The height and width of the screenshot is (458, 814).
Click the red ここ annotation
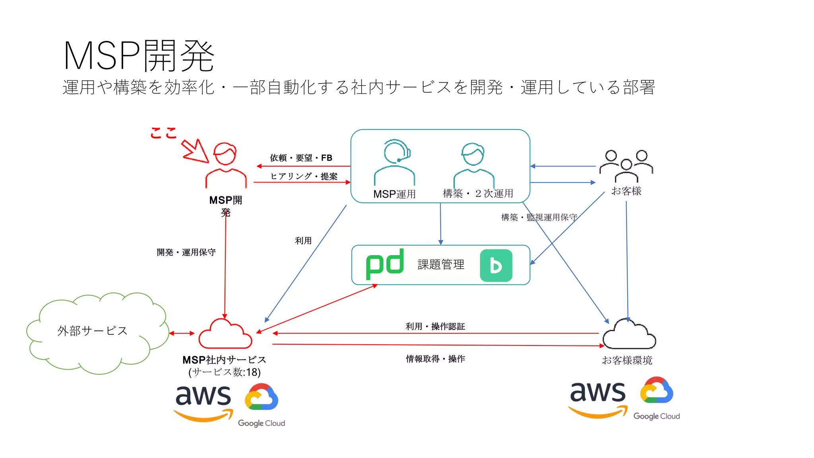(163, 133)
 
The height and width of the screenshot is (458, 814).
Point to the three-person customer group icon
(626, 165)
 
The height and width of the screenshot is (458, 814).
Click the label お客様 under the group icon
(626, 191)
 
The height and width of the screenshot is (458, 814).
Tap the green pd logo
(384, 264)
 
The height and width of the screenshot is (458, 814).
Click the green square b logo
(496, 266)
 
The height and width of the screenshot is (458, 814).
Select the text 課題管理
(441, 264)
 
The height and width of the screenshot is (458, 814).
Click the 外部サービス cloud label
(92, 331)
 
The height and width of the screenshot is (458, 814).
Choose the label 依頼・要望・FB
(301, 158)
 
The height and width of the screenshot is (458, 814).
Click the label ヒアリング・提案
(304, 176)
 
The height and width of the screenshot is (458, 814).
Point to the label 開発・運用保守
(186, 252)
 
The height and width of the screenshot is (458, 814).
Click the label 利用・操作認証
(435, 326)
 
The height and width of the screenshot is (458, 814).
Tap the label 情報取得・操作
(435, 359)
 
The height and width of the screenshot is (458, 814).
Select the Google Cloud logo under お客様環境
(657, 398)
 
